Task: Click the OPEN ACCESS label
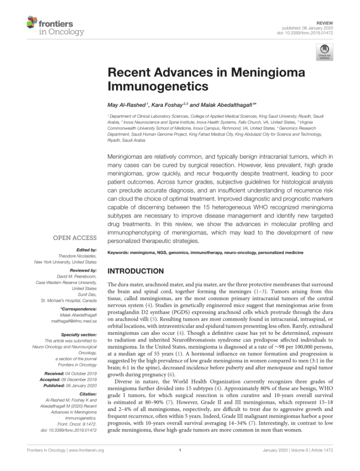pos(75,238)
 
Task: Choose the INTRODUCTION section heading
pos(135,271)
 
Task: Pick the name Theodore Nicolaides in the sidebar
pos(76,255)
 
